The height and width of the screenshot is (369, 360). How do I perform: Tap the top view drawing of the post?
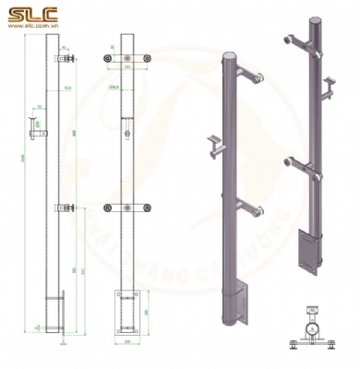pyautogui.click(x=313, y=332)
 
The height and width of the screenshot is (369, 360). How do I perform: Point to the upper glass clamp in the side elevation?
pyautogui.click(x=64, y=60)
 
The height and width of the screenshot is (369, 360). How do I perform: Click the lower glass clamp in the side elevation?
pyautogui.click(x=64, y=208)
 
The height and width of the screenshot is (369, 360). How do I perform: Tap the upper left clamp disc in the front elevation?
pyautogui.click(x=109, y=59)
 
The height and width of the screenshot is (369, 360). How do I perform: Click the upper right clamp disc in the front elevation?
pyautogui.click(x=144, y=59)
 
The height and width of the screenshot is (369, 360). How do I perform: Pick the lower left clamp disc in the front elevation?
pyautogui.click(x=109, y=208)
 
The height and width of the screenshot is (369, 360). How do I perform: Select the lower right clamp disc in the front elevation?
pyautogui.click(x=144, y=208)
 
